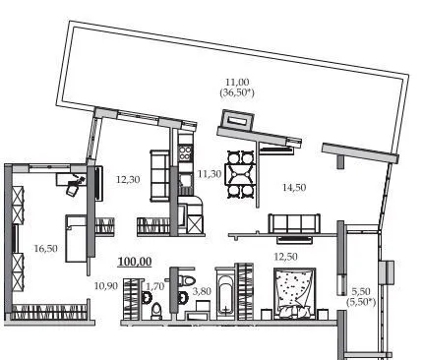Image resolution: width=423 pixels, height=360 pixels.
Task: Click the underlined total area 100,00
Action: (135, 262)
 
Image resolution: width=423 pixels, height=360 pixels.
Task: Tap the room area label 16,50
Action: (46, 249)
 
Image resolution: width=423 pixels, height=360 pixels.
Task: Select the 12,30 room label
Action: (128, 180)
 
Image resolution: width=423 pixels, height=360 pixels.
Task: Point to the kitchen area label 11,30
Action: (210, 174)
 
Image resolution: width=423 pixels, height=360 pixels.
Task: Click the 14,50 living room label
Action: (294, 188)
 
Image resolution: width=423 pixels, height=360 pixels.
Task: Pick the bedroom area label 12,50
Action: (285, 257)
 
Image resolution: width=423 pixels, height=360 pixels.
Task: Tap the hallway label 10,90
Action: (106, 286)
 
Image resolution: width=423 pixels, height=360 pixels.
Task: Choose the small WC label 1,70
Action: (154, 286)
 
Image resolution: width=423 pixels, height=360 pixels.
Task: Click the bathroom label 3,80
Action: (202, 291)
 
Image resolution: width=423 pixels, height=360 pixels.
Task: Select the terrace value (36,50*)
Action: (237, 92)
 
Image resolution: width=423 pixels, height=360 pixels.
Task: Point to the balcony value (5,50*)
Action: (361, 302)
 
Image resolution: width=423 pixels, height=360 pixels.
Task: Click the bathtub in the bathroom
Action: (225, 294)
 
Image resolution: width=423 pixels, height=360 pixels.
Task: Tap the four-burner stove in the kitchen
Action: (185, 152)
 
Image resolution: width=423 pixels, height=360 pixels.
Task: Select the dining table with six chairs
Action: (241, 174)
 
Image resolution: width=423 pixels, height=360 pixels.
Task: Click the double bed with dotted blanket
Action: (295, 293)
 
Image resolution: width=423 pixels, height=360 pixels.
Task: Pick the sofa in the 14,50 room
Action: (294, 223)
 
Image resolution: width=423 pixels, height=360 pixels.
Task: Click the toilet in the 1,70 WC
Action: (156, 311)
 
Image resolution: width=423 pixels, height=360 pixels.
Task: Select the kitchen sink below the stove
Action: (185, 180)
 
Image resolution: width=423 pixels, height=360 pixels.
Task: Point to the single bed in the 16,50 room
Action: (77, 238)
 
